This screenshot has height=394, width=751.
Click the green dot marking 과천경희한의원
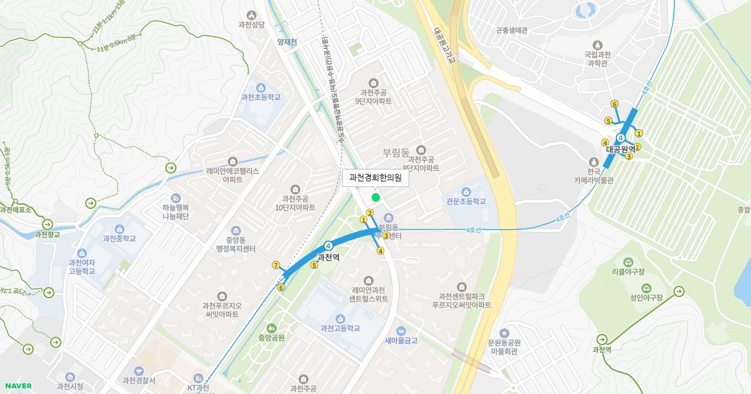pos(375,198)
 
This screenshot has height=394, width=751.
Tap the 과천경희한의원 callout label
pos(375,178)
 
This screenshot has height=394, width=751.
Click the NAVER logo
pos(17,386)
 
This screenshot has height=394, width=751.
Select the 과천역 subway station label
pos(328,257)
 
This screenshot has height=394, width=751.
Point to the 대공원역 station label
pos(620,149)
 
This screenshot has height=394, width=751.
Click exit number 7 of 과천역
pos(276,265)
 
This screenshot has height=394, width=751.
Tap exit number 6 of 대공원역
pos(615,104)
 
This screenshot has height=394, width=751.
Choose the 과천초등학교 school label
pos(260,97)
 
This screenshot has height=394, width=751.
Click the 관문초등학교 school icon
pos(466,191)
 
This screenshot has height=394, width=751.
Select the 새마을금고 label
pos(401,340)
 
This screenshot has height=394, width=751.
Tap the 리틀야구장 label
pos(628,272)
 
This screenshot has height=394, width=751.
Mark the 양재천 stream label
pos(287,42)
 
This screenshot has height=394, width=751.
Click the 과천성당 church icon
pos(252,15)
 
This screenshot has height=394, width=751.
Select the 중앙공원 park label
pos(271,337)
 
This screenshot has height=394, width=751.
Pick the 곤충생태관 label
pos(513,29)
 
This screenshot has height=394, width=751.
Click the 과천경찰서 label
pos(139,380)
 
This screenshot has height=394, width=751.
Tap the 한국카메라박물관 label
pos(593,176)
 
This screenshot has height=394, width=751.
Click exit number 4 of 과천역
pos(380,251)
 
